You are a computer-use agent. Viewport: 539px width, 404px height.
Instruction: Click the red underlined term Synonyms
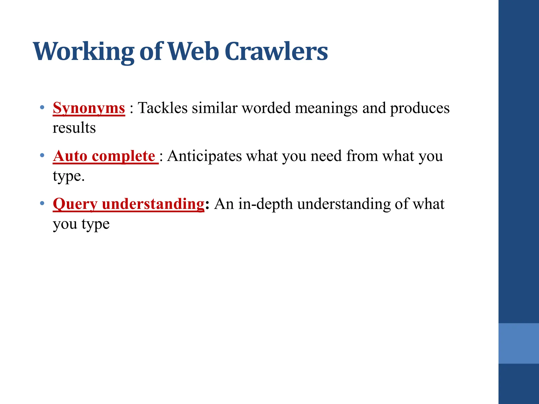pos(89,108)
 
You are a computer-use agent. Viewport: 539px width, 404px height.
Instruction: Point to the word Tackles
pos(163,108)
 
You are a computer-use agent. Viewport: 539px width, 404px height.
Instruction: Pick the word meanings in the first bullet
pos(326,108)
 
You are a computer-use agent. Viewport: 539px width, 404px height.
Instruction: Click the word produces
pos(420,108)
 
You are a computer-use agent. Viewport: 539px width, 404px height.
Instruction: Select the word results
pos(74,128)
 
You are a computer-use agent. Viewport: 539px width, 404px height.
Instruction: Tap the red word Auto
pos(70,156)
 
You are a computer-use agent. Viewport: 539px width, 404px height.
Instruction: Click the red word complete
pos(123,156)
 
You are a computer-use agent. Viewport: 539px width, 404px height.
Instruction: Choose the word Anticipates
pos(204,156)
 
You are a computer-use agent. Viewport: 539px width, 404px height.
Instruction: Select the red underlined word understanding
pos(153,204)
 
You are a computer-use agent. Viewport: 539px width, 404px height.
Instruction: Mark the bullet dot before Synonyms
pos(42,108)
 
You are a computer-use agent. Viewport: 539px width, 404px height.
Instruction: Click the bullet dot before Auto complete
pos(42,155)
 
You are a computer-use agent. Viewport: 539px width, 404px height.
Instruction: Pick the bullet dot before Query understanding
pos(42,203)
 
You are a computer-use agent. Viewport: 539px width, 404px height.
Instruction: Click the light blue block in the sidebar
pos(518,343)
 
